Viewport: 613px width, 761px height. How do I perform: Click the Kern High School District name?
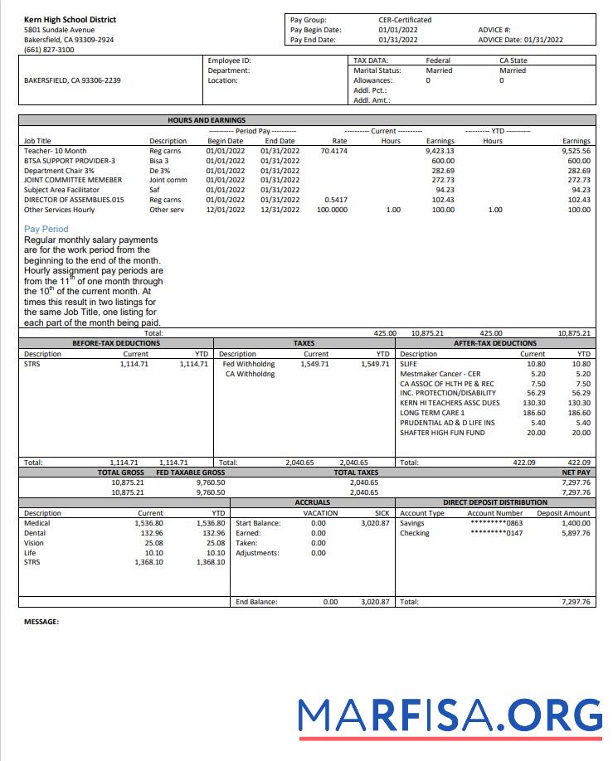pos(70,19)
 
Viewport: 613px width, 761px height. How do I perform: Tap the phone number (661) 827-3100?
pos(48,50)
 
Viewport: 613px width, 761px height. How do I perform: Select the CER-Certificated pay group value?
pos(405,19)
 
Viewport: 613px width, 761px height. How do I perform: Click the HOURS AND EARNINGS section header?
pos(207,120)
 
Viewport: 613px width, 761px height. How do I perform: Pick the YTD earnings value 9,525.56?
pos(576,151)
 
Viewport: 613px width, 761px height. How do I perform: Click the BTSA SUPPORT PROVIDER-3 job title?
pos(70,161)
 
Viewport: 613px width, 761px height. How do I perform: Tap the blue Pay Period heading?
pos(46,229)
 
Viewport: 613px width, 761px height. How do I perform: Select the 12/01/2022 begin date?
pos(225,210)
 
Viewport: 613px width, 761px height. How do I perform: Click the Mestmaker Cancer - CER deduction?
pos(440,374)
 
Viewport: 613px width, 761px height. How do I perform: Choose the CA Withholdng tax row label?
pos(250,374)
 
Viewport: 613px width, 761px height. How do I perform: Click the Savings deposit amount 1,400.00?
pos(575,523)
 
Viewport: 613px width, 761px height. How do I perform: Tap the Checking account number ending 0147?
pos(496,533)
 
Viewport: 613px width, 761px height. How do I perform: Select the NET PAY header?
pos(576,473)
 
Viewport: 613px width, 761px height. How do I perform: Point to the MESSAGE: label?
pos(41,621)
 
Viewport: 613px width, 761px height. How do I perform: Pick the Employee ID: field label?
pos(229,61)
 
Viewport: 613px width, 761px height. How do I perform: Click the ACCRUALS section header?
pos(312,502)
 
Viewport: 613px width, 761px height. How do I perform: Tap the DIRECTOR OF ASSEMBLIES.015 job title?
pos(74,200)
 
